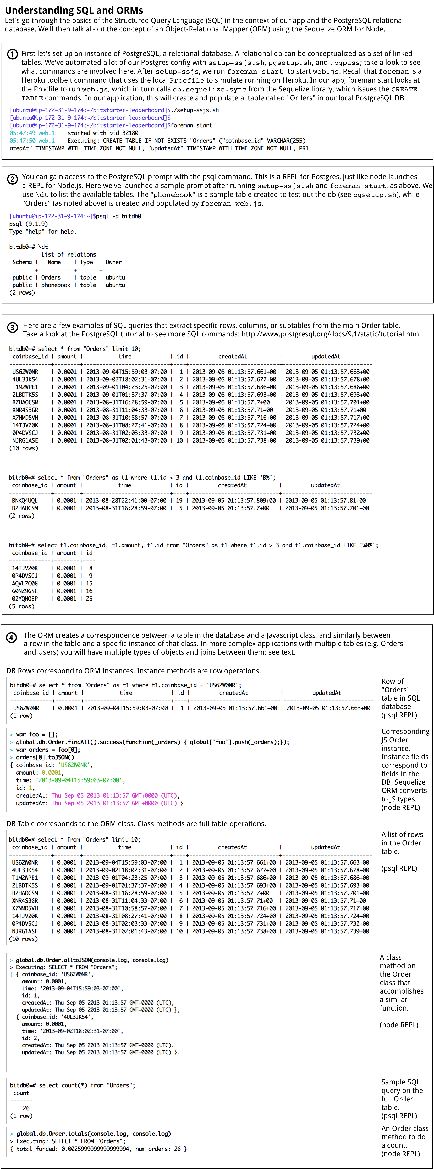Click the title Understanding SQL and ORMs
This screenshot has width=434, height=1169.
74,10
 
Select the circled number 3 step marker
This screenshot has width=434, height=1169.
13,327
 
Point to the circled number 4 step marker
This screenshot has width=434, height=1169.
12,637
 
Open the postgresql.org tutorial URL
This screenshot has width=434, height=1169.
331,334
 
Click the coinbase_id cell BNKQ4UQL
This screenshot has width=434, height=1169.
25,501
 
